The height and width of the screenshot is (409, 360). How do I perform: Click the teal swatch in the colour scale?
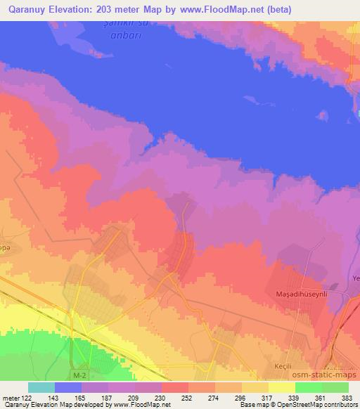tap(41, 387)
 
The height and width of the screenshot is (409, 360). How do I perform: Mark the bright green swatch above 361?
tap(309, 387)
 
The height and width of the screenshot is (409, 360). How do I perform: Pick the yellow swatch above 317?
tap(255, 387)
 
